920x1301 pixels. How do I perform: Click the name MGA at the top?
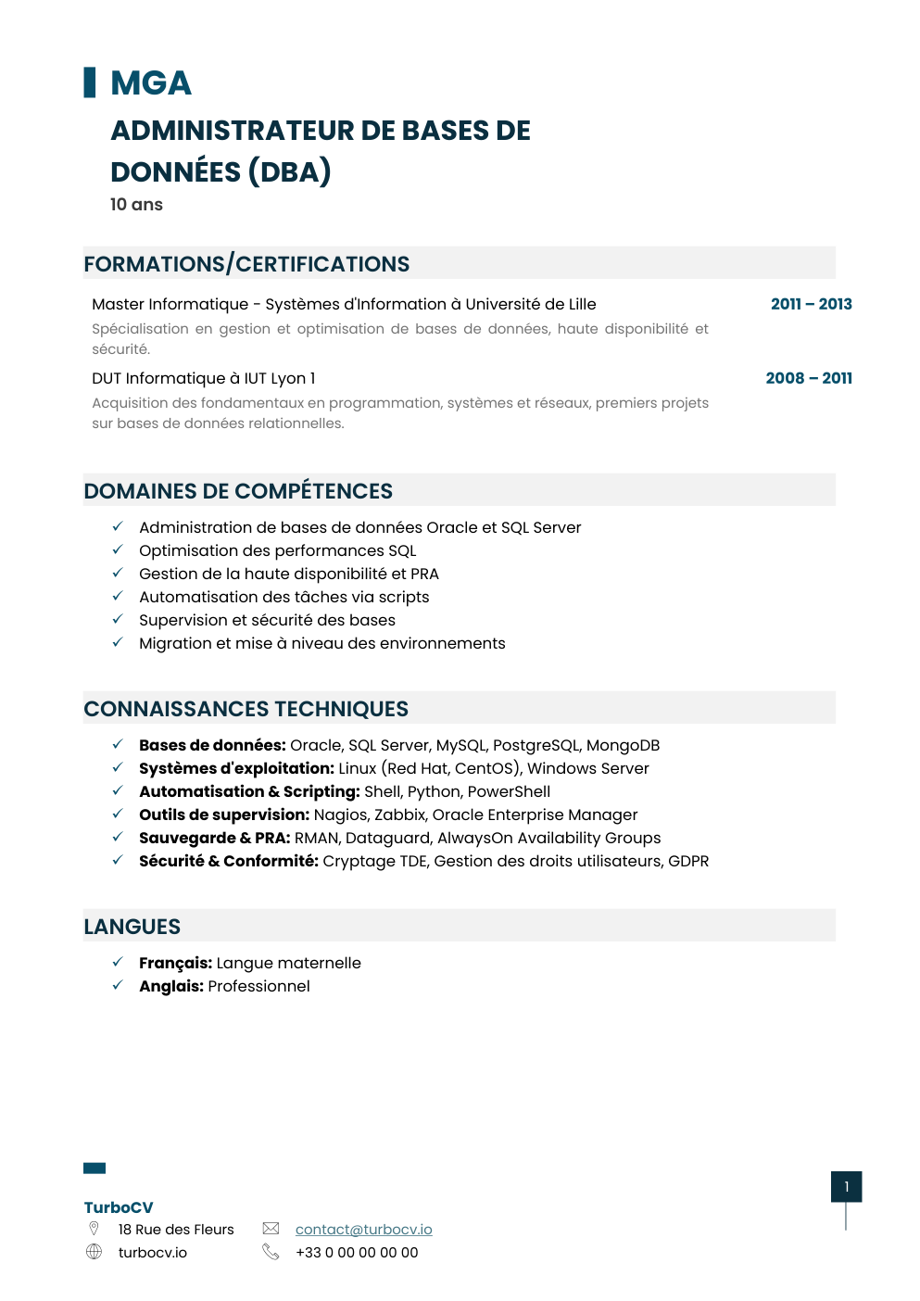(150, 83)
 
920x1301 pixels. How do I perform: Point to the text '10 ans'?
(136, 205)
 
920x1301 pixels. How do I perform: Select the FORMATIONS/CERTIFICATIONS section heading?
(246, 264)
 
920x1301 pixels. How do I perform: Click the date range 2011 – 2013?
(811, 304)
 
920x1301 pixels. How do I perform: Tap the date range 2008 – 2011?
(809, 378)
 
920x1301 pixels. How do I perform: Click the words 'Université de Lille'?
(530, 304)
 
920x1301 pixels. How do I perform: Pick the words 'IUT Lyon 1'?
(280, 378)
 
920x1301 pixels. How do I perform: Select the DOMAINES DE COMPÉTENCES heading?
(238, 491)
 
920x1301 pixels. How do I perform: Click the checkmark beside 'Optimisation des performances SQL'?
(118, 549)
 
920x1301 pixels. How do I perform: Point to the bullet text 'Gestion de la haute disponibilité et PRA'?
(289, 574)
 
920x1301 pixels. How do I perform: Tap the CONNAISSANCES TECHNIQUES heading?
(246, 709)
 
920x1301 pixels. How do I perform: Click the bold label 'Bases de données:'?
(212, 745)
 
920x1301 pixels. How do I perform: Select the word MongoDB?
(623, 745)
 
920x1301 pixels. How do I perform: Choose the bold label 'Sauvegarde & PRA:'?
(215, 838)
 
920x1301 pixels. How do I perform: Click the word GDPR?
(688, 861)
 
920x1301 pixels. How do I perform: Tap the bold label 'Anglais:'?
(171, 986)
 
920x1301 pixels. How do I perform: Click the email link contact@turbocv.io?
(363, 1230)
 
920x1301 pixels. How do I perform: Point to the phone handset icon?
(271, 1252)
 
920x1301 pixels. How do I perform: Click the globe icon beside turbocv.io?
(94, 1252)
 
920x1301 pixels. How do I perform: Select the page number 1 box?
(846, 1187)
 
